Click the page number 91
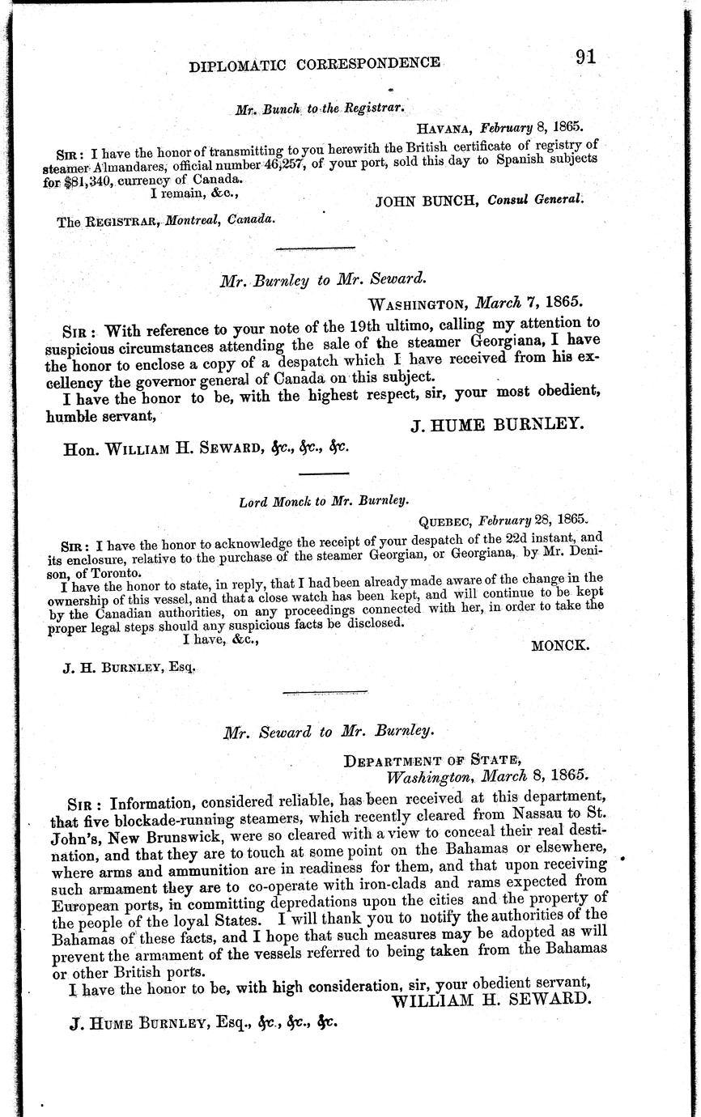coord(586,57)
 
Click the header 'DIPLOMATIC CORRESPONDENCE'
coord(315,65)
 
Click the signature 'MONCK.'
coord(560,645)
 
